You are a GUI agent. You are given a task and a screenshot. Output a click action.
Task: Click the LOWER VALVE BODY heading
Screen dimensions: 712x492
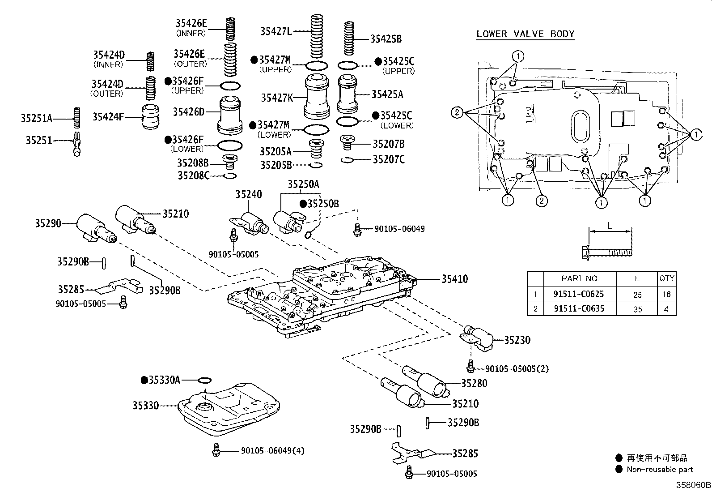[x=526, y=34]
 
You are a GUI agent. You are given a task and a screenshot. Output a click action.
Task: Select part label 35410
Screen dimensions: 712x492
[x=454, y=279]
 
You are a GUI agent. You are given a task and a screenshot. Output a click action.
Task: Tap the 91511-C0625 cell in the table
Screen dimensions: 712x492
[x=579, y=294]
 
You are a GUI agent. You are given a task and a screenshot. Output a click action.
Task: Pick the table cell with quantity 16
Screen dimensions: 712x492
[x=666, y=295]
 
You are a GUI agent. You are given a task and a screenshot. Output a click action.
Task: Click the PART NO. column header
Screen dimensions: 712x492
[x=580, y=278]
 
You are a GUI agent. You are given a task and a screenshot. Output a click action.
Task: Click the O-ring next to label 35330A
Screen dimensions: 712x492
[x=204, y=380]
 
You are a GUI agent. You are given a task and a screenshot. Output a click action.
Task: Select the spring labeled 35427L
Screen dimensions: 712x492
[x=316, y=36]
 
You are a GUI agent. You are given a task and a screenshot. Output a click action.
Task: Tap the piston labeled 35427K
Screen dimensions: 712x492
[x=317, y=97]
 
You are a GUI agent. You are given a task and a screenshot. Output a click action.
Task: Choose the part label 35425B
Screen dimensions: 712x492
[x=386, y=39]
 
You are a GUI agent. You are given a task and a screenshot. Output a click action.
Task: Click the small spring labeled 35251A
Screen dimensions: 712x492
[x=77, y=117]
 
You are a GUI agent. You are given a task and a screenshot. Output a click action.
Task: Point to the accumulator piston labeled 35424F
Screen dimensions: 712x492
[x=150, y=117]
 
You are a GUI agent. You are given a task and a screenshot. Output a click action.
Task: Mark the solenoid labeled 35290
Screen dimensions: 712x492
[x=96, y=228]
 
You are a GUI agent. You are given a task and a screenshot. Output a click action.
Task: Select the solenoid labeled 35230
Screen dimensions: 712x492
[x=477, y=338]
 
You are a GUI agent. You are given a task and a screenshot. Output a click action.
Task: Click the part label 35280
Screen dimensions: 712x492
[x=474, y=384]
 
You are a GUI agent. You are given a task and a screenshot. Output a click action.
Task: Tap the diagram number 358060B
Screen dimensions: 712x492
[x=693, y=485]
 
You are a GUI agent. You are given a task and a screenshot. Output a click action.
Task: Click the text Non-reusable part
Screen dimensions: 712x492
[x=660, y=469]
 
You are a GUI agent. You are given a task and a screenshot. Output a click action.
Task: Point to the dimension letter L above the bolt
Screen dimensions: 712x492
[x=609, y=226]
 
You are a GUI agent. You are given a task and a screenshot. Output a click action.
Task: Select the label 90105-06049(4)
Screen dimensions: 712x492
[x=273, y=451]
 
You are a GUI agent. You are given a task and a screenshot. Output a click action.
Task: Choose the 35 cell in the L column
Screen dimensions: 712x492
[x=637, y=309]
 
